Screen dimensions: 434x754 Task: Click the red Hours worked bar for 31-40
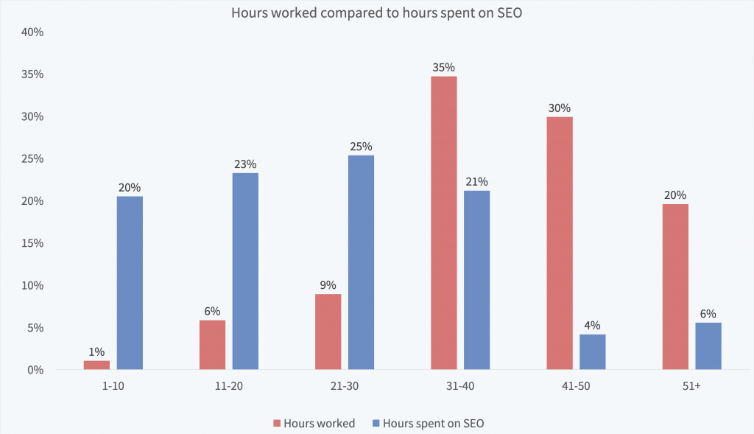[x=444, y=223]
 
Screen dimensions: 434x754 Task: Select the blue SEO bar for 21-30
[x=361, y=262]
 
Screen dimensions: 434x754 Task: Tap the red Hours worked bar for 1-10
[x=96, y=365]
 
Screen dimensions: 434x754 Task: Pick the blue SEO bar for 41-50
[x=592, y=352]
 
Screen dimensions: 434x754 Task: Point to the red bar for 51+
[x=675, y=287]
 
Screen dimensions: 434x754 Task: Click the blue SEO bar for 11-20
[x=245, y=271]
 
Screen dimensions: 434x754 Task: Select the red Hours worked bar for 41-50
[x=560, y=243]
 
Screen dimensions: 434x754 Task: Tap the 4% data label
[x=592, y=326]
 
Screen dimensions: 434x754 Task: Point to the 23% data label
[x=245, y=165]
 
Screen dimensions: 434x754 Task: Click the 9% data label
[x=328, y=285]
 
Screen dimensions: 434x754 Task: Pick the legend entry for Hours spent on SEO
[x=433, y=423]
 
